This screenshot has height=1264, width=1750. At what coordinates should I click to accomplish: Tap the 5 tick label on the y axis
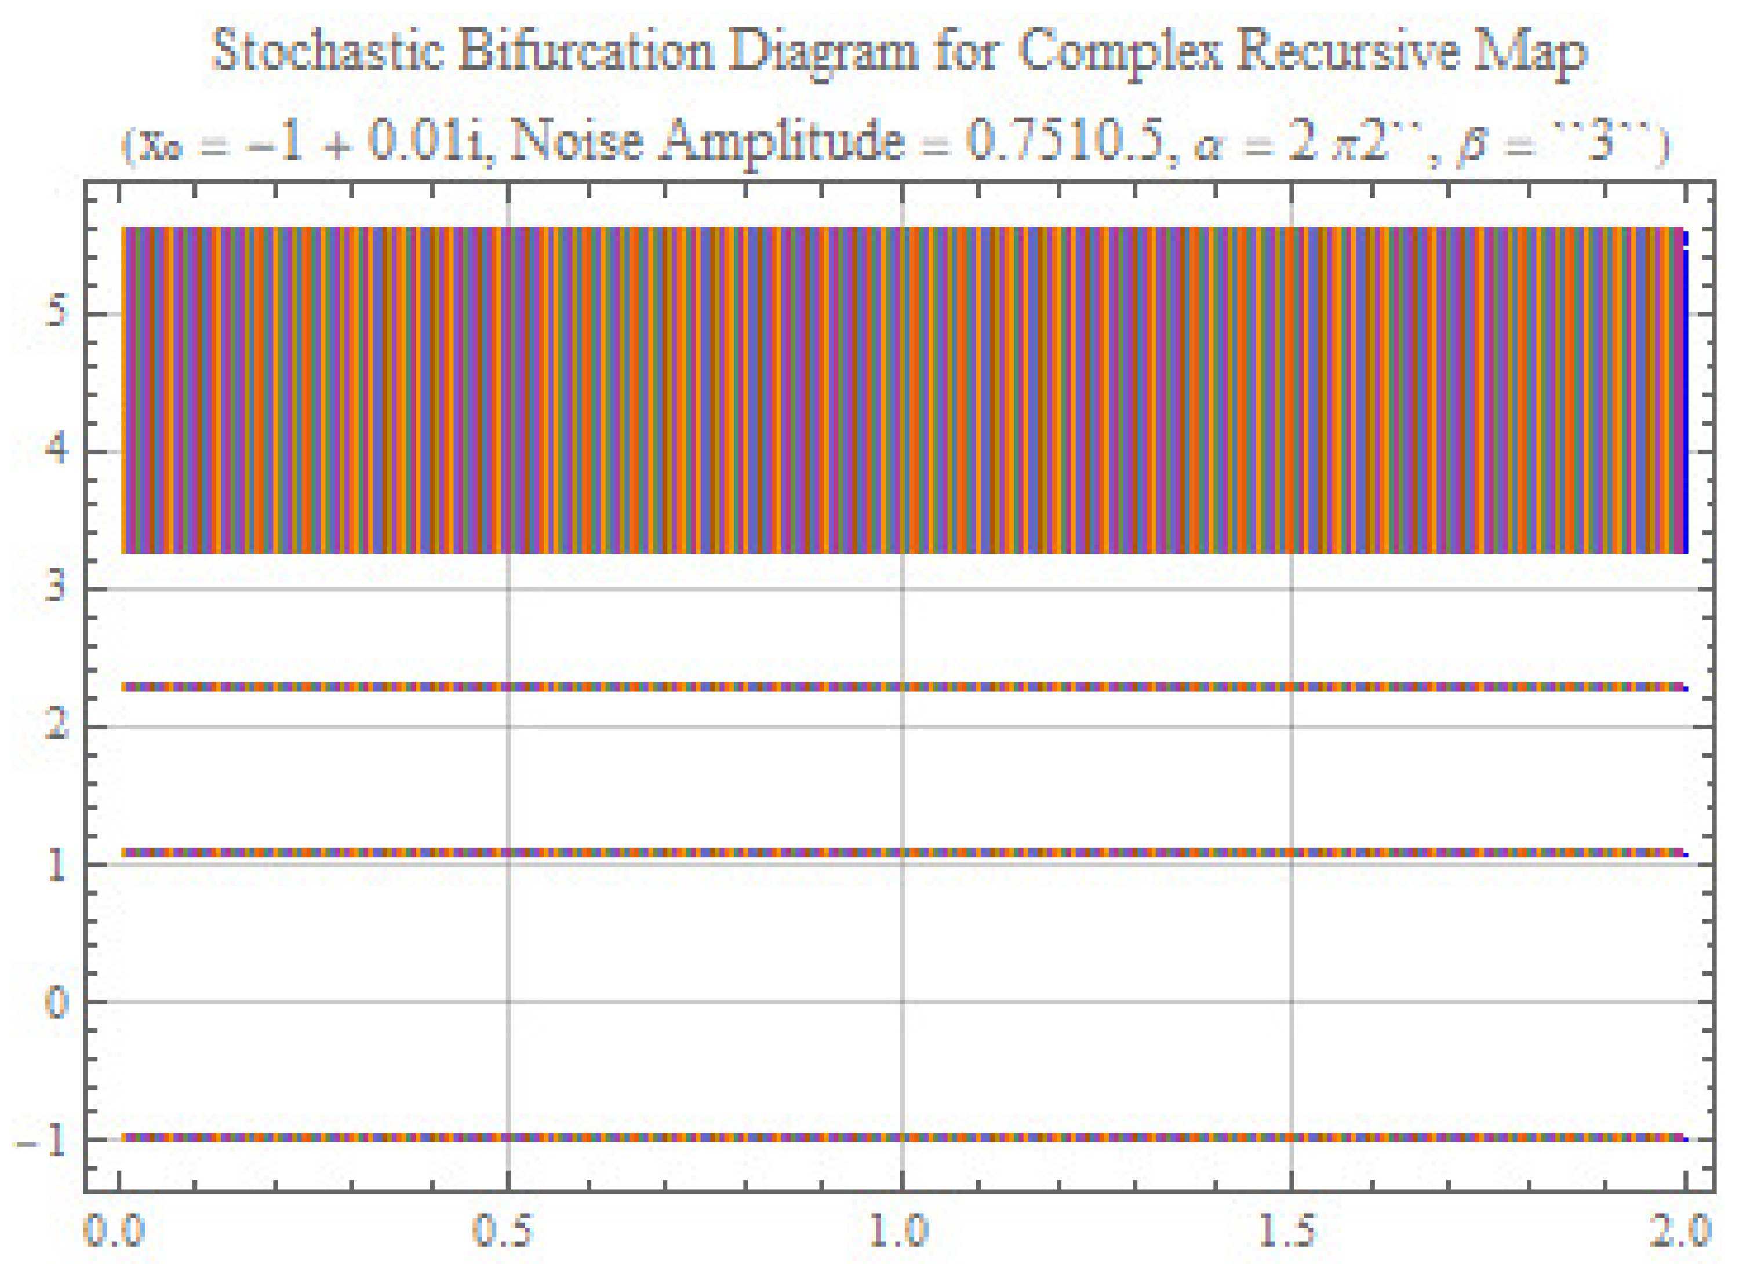[x=56, y=314]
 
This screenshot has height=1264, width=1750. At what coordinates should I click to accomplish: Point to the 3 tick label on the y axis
[x=56, y=589]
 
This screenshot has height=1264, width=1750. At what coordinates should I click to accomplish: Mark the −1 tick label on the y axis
[x=42, y=1140]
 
